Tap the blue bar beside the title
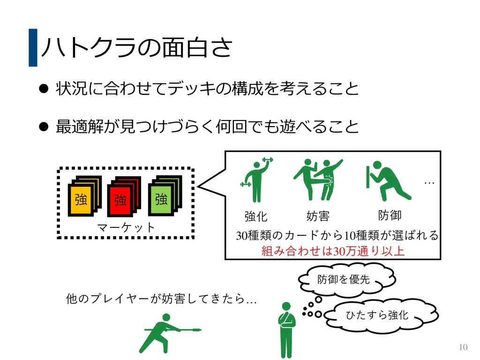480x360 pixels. point(32,47)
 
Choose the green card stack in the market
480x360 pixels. point(164,195)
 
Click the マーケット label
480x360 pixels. point(126,227)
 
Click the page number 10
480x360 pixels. point(463,347)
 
